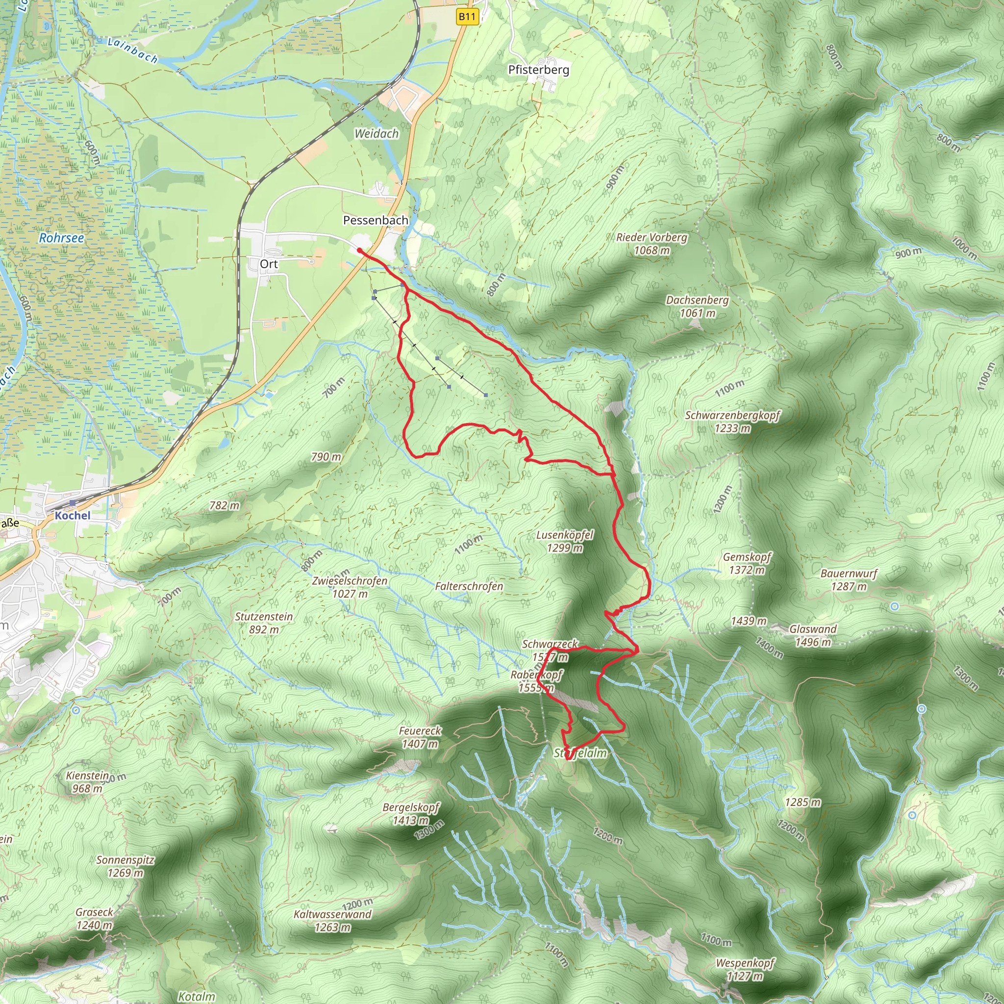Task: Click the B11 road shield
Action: click(x=467, y=17)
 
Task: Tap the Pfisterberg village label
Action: click(x=538, y=70)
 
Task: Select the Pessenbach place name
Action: click(x=375, y=220)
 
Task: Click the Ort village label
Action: click(x=269, y=264)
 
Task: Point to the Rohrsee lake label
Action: click(x=61, y=238)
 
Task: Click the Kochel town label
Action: click(x=72, y=516)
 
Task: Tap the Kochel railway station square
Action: click(x=72, y=503)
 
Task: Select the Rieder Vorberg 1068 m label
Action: click(x=652, y=244)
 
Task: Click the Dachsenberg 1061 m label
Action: click(x=698, y=306)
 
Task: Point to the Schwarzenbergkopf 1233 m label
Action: click(x=732, y=422)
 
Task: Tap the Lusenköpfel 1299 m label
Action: click(x=564, y=541)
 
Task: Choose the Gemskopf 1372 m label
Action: click(x=747, y=563)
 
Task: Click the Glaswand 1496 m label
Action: click(x=813, y=635)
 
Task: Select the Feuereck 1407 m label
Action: click(x=420, y=737)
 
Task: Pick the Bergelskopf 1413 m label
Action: click(x=410, y=814)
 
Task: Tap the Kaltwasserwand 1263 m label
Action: click(x=332, y=920)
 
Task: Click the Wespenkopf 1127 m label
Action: click(x=745, y=969)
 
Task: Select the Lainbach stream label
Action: click(x=132, y=50)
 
